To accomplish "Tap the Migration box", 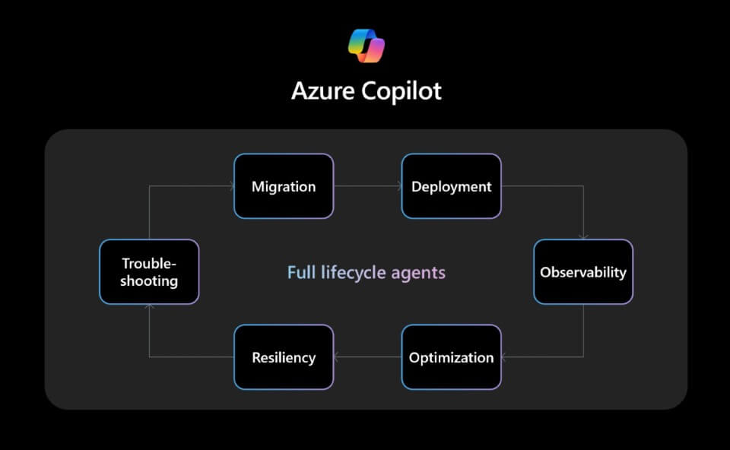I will coord(284,186).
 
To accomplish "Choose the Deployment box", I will coord(451,186).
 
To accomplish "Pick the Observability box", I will coord(583,272).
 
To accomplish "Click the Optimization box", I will coord(451,357).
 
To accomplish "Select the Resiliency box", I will coord(284,357).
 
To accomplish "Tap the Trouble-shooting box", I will coord(149,272).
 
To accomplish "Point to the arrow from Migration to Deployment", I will coord(367,186).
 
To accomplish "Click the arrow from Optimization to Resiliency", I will coord(367,357).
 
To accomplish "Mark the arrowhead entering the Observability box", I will coord(583,236).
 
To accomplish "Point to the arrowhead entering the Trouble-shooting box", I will coord(149,308).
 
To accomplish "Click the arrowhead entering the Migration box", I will coord(230,186).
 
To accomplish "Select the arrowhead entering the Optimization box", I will coord(505,357).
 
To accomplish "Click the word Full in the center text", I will coord(300,272).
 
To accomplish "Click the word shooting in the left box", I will coord(149,281).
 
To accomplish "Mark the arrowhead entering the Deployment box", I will coord(398,186).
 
